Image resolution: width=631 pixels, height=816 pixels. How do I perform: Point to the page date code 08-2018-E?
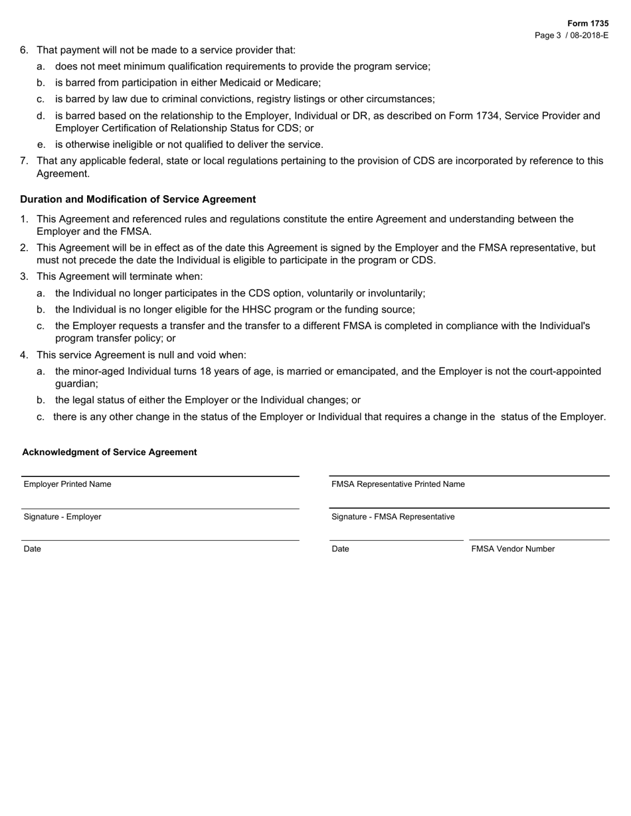(588, 35)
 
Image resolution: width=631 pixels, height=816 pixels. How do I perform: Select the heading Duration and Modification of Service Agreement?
(137, 199)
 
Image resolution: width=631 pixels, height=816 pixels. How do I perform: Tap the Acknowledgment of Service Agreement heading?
(110, 452)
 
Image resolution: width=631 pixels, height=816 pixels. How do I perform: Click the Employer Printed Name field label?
(67, 484)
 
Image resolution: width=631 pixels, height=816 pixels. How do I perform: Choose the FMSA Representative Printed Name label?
(398, 484)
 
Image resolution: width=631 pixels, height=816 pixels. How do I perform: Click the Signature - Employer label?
(62, 517)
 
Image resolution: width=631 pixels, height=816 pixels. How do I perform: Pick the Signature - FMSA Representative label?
(393, 517)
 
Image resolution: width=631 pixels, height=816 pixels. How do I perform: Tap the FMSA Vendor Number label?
(513, 549)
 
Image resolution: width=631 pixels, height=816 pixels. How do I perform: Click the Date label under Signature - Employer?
(32, 549)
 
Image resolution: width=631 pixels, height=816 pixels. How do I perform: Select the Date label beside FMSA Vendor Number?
(340, 549)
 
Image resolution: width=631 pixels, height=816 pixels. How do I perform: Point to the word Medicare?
(299, 83)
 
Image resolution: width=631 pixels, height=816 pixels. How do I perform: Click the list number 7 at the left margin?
(24, 161)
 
